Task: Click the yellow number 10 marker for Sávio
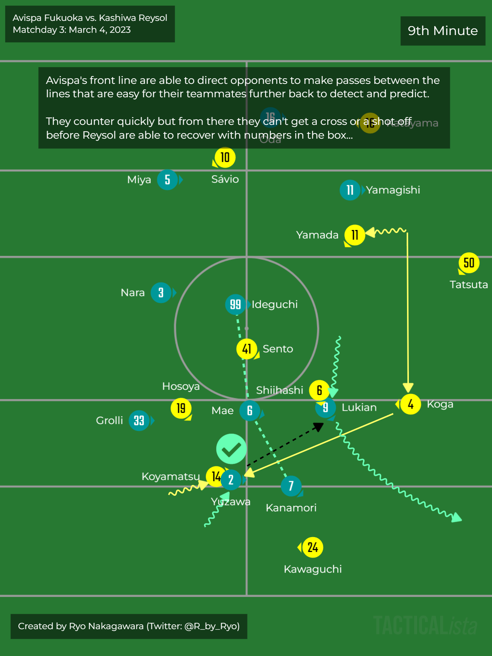point(225,158)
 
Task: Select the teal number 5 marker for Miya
point(167,180)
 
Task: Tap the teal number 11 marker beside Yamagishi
point(350,190)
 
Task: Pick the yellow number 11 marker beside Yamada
point(354,235)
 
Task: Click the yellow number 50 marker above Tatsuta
point(469,263)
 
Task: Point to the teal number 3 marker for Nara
point(161,293)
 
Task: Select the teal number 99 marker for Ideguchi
point(235,305)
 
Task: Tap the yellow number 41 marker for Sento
point(246,349)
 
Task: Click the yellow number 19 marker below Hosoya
point(181,409)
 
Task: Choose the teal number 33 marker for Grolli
point(139,420)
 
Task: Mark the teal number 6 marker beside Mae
point(249,410)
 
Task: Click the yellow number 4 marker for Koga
point(410,404)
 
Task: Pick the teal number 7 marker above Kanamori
point(291,486)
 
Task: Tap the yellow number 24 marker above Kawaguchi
point(312,547)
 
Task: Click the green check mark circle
point(231,449)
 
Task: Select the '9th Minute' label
point(443,31)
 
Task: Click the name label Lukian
point(359,407)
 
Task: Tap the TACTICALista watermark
point(425,625)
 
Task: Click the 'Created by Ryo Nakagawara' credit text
point(129,626)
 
